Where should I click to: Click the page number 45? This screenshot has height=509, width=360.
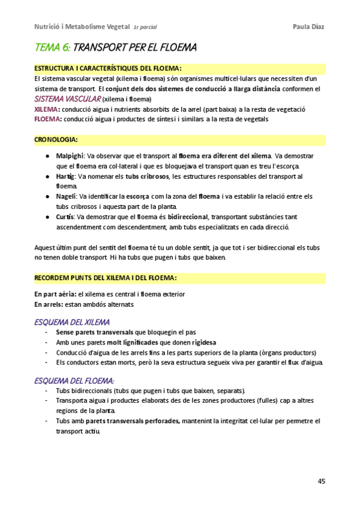tap(321, 481)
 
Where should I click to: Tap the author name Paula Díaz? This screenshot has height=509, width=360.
tap(308, 26)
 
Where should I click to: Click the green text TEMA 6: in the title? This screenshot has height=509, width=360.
tap(53, 47)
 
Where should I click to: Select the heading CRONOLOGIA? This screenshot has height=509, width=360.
tap(56, 140)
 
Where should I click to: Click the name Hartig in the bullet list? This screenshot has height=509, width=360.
tap(66, 176)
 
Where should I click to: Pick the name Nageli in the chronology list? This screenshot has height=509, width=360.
tap(66, 196)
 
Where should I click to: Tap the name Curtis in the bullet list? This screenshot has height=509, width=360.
tap(65, 217)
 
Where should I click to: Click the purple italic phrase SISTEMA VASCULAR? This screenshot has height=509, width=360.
tap(68, 98)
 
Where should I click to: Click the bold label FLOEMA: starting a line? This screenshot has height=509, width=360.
tap(47, 119)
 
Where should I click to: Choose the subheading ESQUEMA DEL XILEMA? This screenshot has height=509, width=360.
tap(72, 322)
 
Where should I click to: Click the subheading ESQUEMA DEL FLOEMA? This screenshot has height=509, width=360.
tap(74, 381)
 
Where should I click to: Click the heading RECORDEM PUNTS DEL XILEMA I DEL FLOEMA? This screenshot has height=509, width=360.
tap(106, 278)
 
